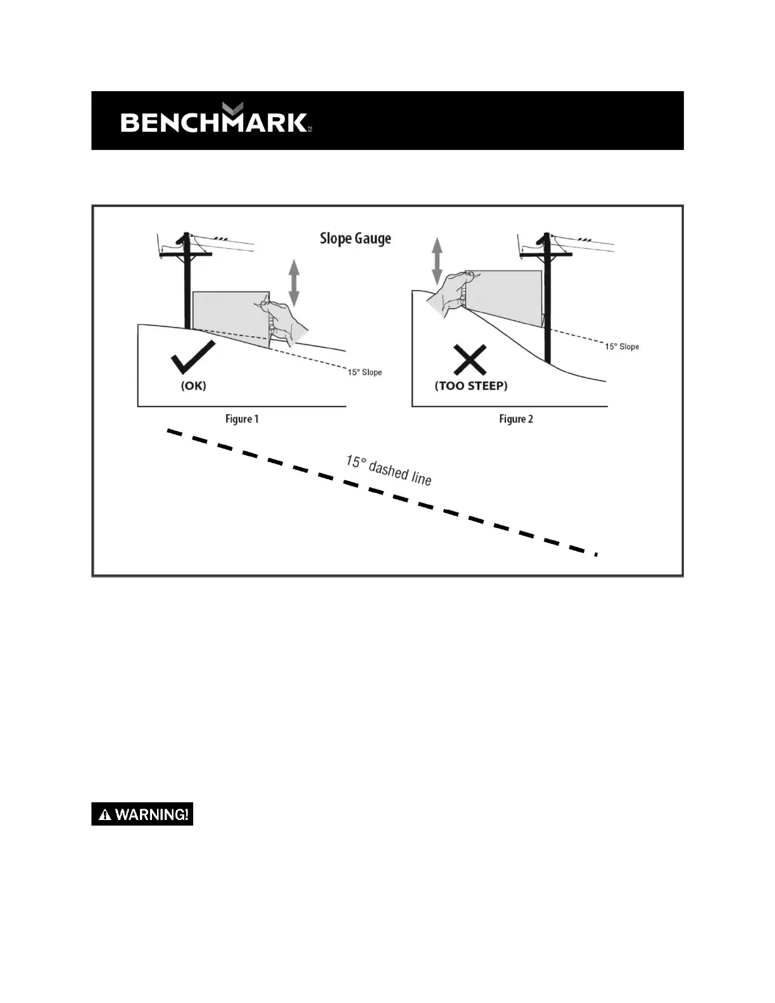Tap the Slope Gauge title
pos(355,239)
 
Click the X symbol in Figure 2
pos(470,360)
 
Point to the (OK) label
pos(194,385)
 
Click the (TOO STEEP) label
pos(471,386)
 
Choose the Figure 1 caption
pos(242,419)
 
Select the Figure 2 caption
pos(516,419)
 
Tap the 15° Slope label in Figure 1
pos(365,372)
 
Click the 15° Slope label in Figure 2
pos(622,346)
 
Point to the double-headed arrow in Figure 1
pos(294,283)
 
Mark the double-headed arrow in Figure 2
pos(437,260)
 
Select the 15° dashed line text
pos(388,470)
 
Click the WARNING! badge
pos(142,814)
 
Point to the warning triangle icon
pos(105,815)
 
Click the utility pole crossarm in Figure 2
pos(546,255)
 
